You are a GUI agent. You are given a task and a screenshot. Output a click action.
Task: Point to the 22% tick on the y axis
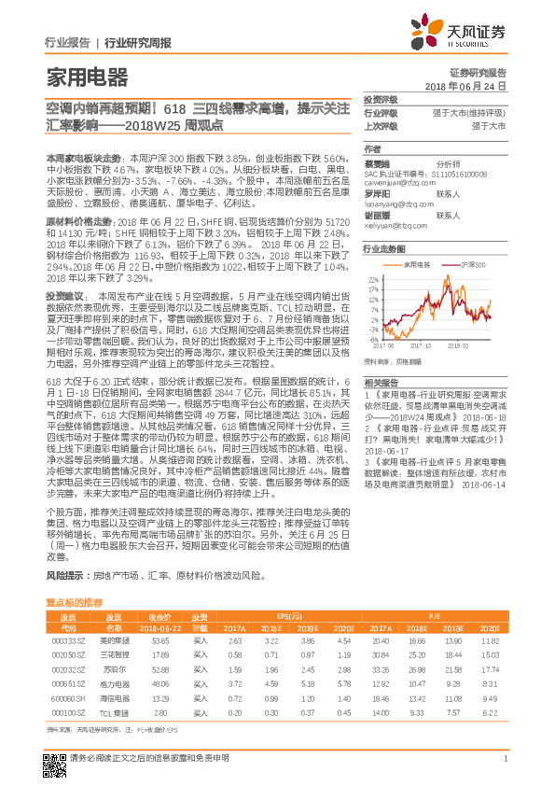click(373, 278)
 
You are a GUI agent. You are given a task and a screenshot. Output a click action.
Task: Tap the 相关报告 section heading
click(382, 385)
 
